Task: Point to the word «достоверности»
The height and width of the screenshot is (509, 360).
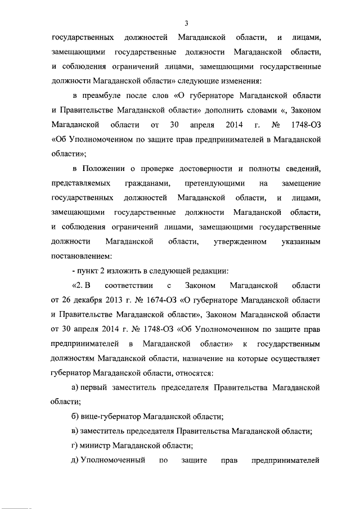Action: click(201, 168)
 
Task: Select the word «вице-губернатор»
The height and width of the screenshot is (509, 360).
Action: click(113, 417)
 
